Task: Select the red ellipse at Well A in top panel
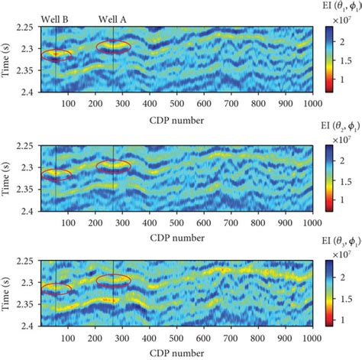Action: tap(114, 47)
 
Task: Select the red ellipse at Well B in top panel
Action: tap(57, 55)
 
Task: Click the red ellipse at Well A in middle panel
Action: tap(114, 165)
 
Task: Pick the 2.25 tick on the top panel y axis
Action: tap(27, 28)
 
